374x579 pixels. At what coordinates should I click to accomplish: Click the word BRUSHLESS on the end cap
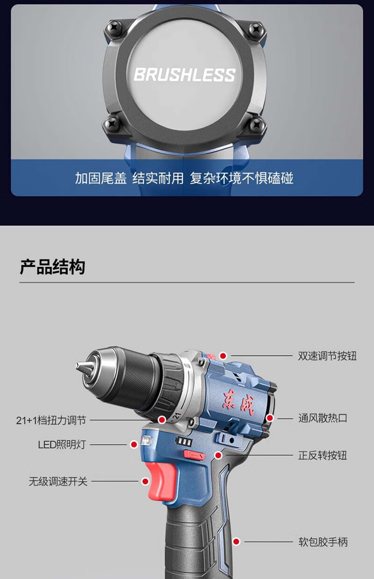point(184,74)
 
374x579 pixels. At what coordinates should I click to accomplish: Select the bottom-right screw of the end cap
point(257,125)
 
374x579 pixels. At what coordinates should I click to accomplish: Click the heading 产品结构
point(52,267)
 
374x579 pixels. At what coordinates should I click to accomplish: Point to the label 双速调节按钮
point(327,356)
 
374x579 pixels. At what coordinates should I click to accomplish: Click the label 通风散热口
point(323,418)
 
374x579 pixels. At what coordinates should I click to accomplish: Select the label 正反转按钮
point(323,455)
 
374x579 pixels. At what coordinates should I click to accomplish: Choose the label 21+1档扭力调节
point(51,420)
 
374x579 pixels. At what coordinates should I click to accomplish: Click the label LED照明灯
point(62,445)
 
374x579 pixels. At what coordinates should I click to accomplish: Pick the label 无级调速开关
point(58,482)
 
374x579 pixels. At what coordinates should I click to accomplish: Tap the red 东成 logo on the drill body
point(238,404)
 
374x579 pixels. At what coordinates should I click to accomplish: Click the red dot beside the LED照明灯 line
point(134,444)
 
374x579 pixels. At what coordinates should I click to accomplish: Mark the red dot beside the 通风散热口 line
point(270,418)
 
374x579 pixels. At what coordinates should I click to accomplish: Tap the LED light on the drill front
point(146,440)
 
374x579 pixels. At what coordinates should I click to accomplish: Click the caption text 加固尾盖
point(101,178)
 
